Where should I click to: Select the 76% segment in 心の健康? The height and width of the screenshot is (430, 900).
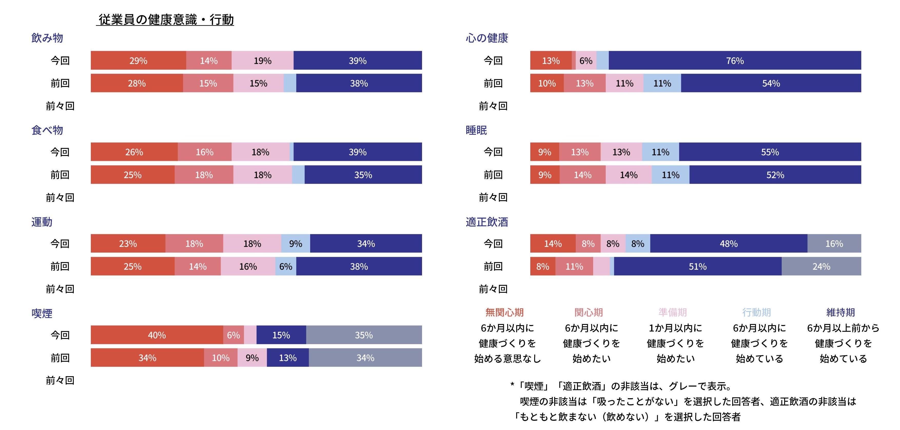tap(735, 61)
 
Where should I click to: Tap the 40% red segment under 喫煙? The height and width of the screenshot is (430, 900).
tap(156, 335)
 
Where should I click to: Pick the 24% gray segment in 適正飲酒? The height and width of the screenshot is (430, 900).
tap(821, 267)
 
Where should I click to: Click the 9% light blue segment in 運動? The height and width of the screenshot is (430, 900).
tap(296, 243)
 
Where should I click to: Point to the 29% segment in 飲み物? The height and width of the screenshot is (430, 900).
tap(138, 61)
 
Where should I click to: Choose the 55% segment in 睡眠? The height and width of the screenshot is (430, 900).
tap(770, 152)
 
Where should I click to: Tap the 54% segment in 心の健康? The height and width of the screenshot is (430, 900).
tap(771, 83)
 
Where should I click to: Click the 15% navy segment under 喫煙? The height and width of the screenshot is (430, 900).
tap(281, 335)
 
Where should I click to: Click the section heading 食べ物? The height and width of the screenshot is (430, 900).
tap(47, 130)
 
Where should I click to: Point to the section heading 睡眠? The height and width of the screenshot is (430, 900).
tap(476, 130)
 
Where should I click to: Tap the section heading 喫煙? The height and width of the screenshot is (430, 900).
tap(42, 313)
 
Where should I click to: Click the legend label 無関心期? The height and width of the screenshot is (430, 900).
tap(504, 312)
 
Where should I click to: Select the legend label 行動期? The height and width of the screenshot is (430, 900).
tap(756, 312)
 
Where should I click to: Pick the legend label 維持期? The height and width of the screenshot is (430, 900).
tap(840, 312)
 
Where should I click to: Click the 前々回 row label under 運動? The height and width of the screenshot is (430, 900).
tap(60, 289)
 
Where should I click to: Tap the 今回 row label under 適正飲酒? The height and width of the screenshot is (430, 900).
tap(493, 243)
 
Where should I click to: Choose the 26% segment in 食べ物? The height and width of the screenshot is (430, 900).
tap(134, 152)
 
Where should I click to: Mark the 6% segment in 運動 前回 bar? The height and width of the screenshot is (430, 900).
tap(286, 267)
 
